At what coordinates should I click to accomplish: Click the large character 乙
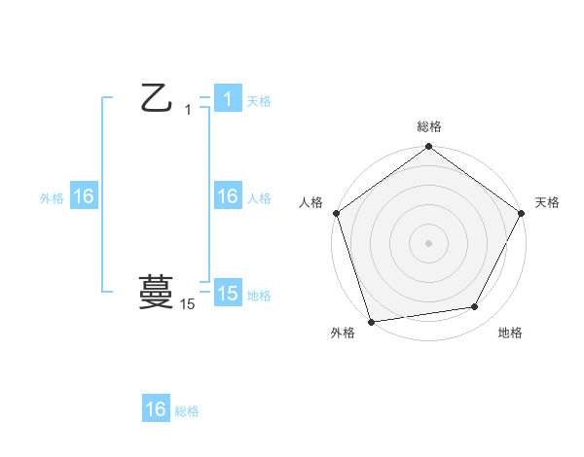(x=158, y=98)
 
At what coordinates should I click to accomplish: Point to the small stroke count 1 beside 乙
(x=188, y=110)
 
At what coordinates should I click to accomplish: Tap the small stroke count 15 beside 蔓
(x=188, y=304)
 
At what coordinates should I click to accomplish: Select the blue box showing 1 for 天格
(x=227, y=99)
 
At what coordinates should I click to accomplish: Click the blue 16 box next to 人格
(x=227, y=196)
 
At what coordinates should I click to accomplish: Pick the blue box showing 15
(x=227, y=294)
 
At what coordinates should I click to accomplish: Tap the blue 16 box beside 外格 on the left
(x=84, y=196)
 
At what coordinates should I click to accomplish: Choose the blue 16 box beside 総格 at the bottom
(x=156, y=409)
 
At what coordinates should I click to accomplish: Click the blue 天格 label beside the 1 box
(x=259, y=100)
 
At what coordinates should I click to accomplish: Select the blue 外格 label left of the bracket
(x=52, y=197)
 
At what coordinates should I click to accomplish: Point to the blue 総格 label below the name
(x=187, y=410)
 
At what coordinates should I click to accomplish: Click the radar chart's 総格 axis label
(x=429, y=126)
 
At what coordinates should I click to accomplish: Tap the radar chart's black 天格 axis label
(x=547, y=202)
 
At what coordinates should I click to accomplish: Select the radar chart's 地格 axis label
(x=510, y=333)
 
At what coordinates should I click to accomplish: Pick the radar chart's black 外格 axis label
(x=342, y=333)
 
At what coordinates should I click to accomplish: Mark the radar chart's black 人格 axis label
(x=311, y=202)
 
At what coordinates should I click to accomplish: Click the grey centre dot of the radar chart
(x=428, y=242)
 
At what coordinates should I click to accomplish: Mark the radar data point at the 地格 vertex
(x=475, y=307)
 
